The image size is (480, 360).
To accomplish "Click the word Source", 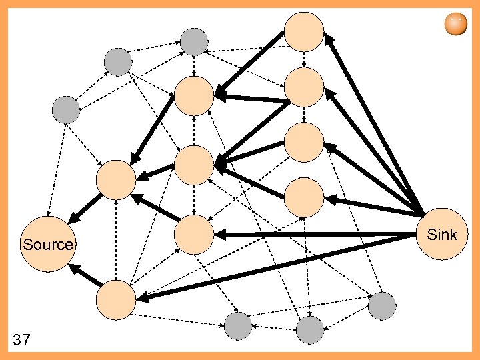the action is coord(47,245).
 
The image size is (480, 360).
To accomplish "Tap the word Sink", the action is coord(441,234).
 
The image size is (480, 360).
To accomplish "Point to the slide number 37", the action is coord(21,341).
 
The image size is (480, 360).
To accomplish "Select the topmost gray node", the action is coord(194,42).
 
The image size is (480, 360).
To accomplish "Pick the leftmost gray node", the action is coord(66,109).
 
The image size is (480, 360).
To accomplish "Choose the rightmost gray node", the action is coord(383,306).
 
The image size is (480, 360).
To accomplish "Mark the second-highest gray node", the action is coord(118,62).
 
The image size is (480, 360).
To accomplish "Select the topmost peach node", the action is coord(304,31).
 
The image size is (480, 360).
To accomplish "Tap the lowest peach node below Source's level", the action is coord(115,300).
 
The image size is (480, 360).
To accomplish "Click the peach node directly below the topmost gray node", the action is coord(194,95).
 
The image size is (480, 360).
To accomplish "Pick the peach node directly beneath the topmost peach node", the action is coord(304,87).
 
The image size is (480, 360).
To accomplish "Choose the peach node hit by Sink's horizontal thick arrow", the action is coord(194,235).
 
